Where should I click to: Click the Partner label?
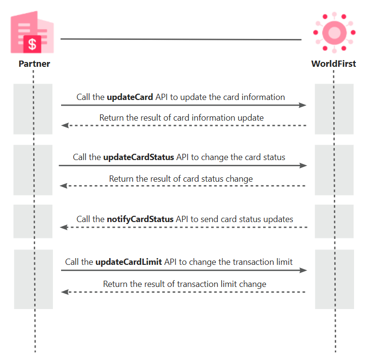(x=34, y=63)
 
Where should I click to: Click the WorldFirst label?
(x=333, y=63)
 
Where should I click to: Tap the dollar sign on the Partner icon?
(x=32, y=44)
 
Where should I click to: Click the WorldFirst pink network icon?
(x=334, y=32)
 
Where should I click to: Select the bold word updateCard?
(x=130, y=97)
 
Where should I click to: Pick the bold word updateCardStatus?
(x=139, y=157)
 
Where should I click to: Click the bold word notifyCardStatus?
(x=140, y=219)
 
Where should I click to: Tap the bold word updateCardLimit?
(x=128, y=262)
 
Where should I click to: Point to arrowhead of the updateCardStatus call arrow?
(x=304, y=166)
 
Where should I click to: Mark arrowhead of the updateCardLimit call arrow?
(x=304, y=271)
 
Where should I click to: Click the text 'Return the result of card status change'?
(x=181, y=179)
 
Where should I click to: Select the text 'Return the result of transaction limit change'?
(x=185, y=284)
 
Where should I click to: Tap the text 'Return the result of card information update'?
(x=181, y=118)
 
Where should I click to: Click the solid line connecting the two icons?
(x=181, y=39)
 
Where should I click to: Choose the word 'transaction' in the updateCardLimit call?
(x=253, y=262)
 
